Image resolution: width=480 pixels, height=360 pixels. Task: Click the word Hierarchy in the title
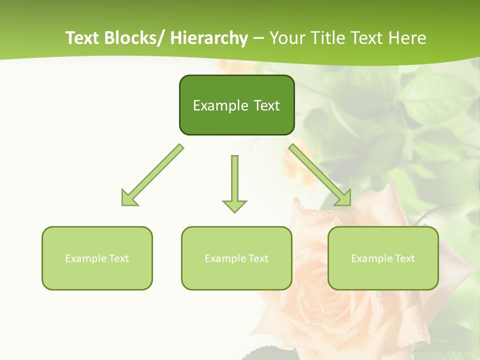coord(209,38)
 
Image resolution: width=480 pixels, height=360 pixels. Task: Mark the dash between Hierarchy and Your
coord(258,38)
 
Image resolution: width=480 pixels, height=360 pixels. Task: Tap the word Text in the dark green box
coord(266,105)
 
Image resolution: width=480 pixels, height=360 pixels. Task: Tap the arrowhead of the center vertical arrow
coord(234,205)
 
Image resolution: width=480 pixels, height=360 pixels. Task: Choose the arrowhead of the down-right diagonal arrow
coord(343,198)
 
